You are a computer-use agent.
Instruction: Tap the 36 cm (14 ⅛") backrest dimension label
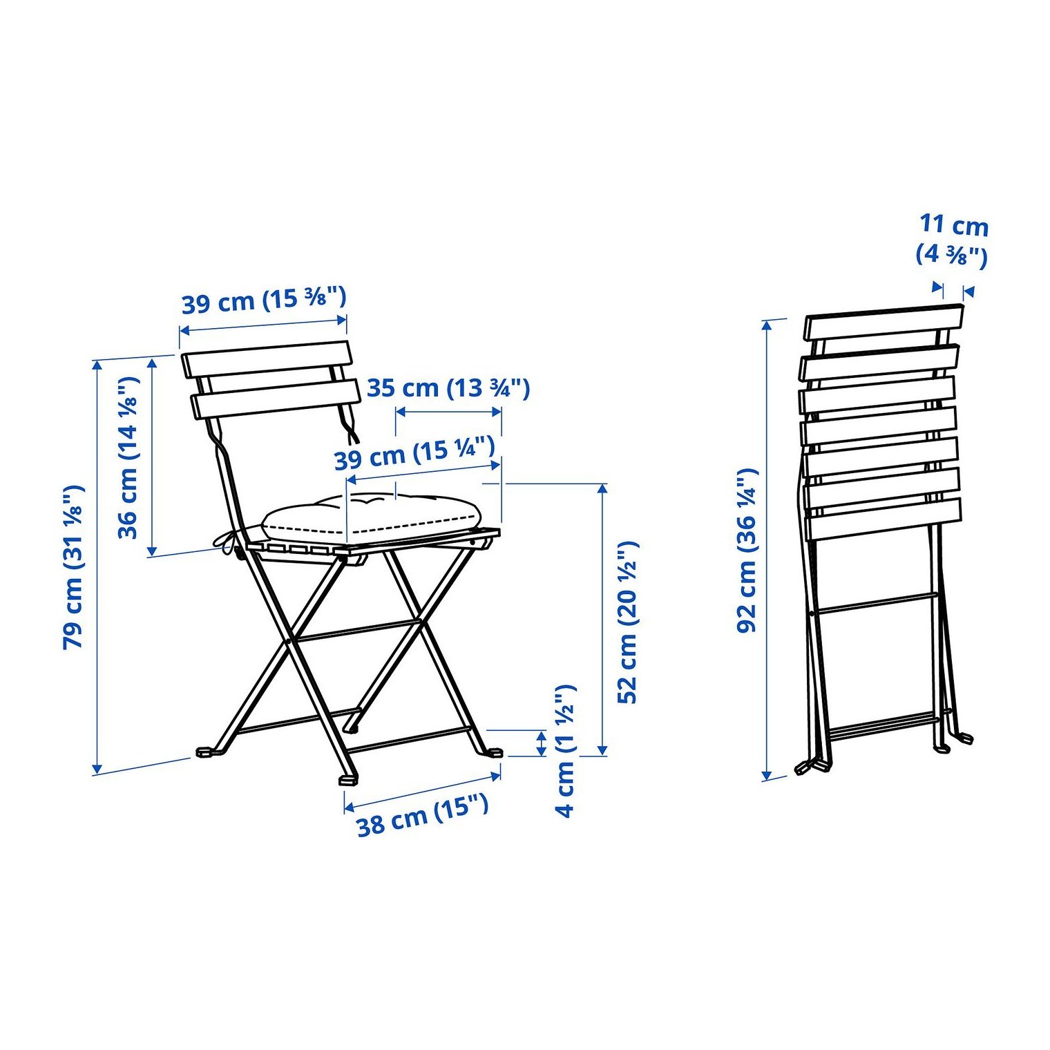(x=128, y=458)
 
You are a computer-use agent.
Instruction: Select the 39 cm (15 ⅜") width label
(x=263, y=300)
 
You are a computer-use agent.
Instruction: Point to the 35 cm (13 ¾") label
(x=448, y=388)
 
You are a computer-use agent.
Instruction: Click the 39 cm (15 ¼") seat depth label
(x=414, y=453)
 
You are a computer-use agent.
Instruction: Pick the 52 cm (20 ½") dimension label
(x=627, y=622)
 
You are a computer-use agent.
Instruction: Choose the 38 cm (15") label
(x=423, y=816)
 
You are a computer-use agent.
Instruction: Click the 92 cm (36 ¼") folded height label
(x=747, y=551)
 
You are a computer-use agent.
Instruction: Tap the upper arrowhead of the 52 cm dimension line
(x=602, y=488)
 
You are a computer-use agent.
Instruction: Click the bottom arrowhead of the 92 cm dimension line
(x=766, y=775)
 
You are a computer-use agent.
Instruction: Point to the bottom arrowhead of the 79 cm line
(x=97, y=768)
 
